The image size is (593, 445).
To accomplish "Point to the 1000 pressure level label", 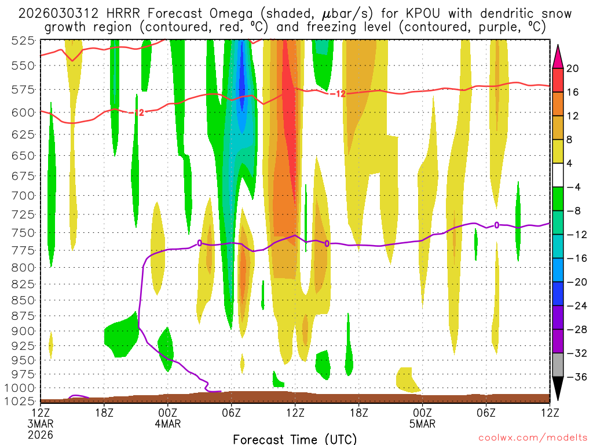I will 23,388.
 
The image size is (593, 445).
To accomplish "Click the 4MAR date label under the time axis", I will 167,424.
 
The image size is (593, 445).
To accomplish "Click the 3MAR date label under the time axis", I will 41,424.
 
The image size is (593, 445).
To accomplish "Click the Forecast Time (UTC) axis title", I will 295,439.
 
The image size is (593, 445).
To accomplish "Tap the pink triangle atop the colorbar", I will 558,54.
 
